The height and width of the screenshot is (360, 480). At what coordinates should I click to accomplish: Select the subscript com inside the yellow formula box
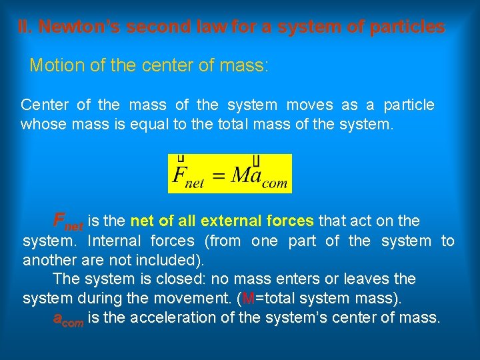coord(273,183)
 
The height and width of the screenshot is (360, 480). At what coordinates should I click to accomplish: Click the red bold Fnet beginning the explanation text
coord(68,221)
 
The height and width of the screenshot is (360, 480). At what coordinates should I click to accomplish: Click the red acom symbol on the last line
coord(68,319)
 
